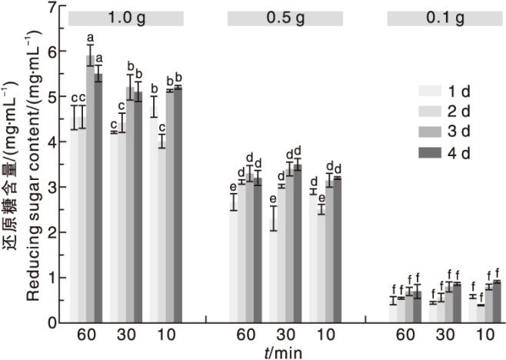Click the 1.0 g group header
[x=126, y=18]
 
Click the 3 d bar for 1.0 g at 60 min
[x=90, y=188]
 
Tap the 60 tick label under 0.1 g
[x=405, y=335]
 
